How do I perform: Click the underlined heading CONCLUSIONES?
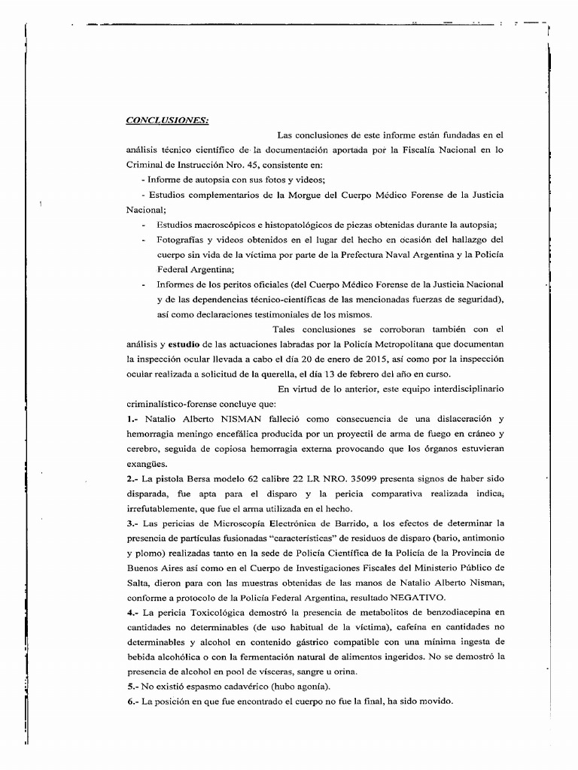[x=167, y=120]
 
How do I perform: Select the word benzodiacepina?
[x=448, y=612]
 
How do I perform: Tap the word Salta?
[x=138, y=583]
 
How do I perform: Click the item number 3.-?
[x=132, y=523]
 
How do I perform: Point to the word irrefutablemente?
[x=160, y=508]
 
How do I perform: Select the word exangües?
[x=146, y=463]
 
